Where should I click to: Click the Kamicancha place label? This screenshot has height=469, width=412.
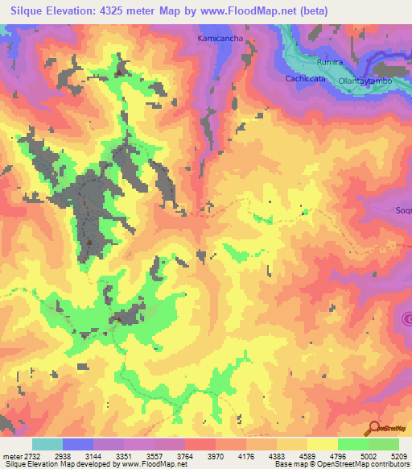coord(219,38)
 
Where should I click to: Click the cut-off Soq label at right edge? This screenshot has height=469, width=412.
coord(403,211)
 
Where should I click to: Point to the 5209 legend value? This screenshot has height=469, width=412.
coord(399,456)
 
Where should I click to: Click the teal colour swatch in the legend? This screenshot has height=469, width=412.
coord(47,444)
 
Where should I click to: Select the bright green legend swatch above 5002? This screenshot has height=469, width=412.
coord(353,444)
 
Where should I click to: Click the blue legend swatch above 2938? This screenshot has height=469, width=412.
coord(78,444)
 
